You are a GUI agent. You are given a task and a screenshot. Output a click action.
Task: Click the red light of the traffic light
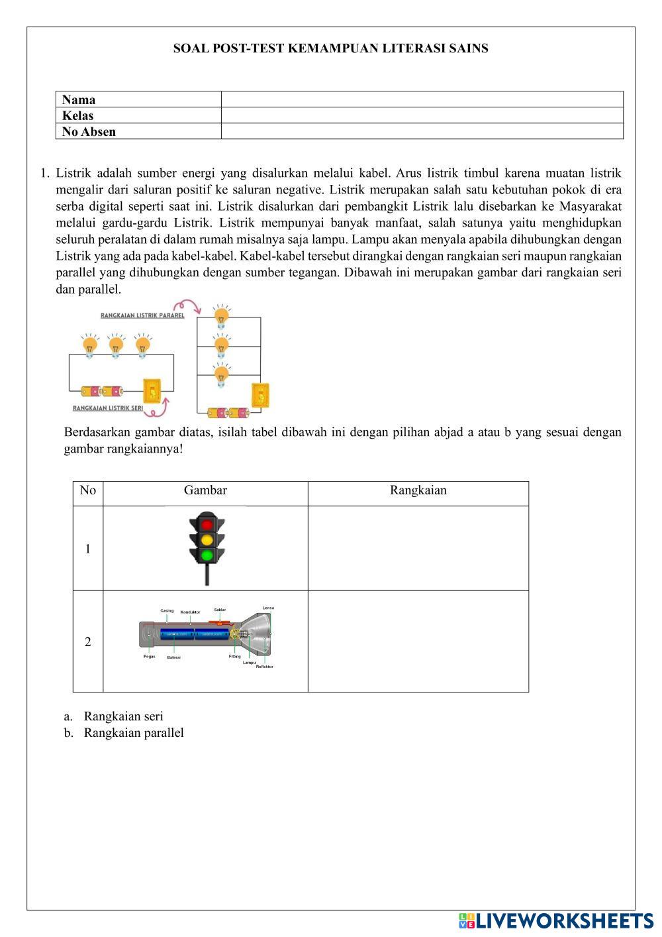[207, 523]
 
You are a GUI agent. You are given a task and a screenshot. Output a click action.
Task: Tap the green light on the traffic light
[207, 555]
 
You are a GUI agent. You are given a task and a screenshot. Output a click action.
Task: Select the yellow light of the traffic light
[207, 539]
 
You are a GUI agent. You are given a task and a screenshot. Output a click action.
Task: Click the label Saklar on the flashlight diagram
[220, 610]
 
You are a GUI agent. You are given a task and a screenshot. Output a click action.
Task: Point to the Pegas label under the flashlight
[150, 656]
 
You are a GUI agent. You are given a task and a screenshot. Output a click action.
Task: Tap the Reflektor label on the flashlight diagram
[264, 667]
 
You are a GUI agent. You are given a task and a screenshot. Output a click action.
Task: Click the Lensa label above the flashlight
[268, 608]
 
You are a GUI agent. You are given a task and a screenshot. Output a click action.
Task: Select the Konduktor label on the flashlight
[190, 612]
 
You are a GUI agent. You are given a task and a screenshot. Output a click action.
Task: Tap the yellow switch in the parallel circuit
[261, 396]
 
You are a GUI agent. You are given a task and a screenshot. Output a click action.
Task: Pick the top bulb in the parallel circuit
[221, 316]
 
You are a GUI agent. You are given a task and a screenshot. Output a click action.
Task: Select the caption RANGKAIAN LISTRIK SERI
[108, 409]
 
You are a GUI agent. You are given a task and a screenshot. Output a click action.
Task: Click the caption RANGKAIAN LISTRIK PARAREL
[142, 315]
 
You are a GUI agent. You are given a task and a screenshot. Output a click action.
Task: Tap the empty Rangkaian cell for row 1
[418, 548]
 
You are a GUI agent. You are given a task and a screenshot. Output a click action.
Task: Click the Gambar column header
[205, 490]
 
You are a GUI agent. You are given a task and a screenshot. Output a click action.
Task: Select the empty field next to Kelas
[422, 115]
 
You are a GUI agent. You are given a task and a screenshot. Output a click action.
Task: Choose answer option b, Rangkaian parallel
[133, 733]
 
